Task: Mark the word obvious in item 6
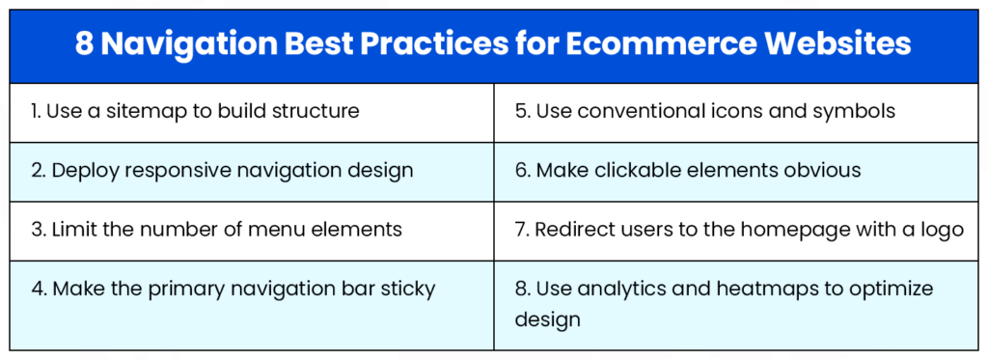[x=818, y=171]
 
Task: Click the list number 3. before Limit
[x=38, y=230]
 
